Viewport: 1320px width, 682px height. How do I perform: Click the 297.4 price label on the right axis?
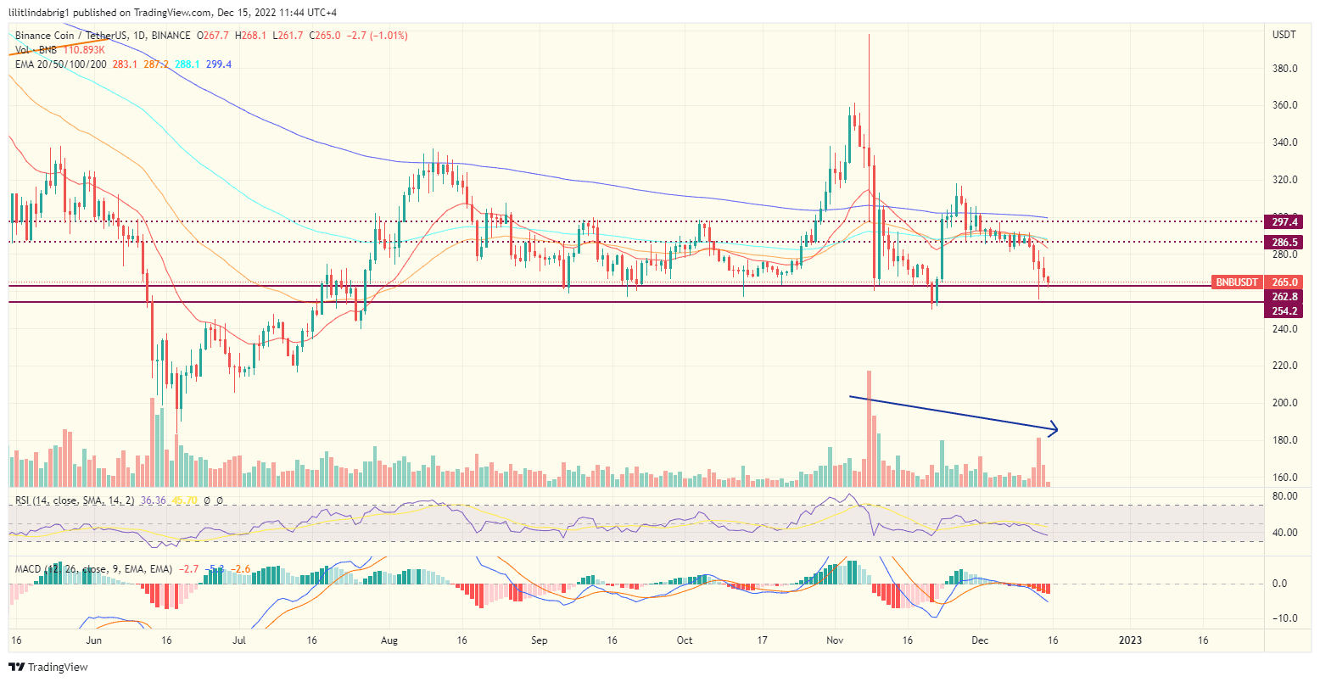tap(1285, 221)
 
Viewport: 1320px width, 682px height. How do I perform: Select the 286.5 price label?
tap(1285, 242)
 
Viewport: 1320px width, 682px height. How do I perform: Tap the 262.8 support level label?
tap(1285, 297)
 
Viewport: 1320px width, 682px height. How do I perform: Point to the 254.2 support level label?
tap(1285, 311)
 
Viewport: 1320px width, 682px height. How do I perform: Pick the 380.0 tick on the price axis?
tap(1285, 69)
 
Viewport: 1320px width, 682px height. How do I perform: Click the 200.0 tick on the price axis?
tap(1285, 403)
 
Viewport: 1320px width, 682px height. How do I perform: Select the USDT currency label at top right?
tap(1284, 35)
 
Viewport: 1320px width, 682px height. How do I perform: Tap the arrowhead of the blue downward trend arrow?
tap(1055, 429)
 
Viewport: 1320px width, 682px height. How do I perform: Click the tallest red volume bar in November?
tap(869, 424)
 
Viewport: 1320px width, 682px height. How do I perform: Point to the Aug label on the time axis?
tap(389, 640)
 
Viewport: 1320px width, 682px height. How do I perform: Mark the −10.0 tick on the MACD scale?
tap(1284, 618)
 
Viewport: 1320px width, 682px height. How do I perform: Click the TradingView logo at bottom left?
tap(48, 668)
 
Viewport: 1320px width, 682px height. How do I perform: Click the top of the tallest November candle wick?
tap(869, 34)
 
